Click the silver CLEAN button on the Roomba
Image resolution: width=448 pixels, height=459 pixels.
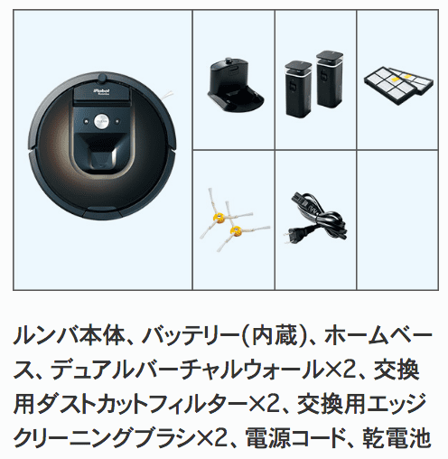(x=101, y=121)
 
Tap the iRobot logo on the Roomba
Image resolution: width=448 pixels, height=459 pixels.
(x=102, y=91)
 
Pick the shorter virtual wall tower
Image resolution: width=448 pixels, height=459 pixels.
(x=299, y=89)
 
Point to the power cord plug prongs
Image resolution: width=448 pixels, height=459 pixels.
(x=288, y=237)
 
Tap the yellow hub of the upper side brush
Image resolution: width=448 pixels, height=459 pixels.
(x=219, y=217)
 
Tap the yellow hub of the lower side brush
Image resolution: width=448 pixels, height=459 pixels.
(x=236, y=231)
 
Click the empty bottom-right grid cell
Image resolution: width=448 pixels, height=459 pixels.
(x=397, y=220)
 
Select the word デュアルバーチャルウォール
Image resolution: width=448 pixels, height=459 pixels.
(x=186, y=370)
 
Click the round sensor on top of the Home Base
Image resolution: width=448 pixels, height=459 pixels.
(x=229, y=61)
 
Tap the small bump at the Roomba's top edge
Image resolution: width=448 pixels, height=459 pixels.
(x=102, y=78)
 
